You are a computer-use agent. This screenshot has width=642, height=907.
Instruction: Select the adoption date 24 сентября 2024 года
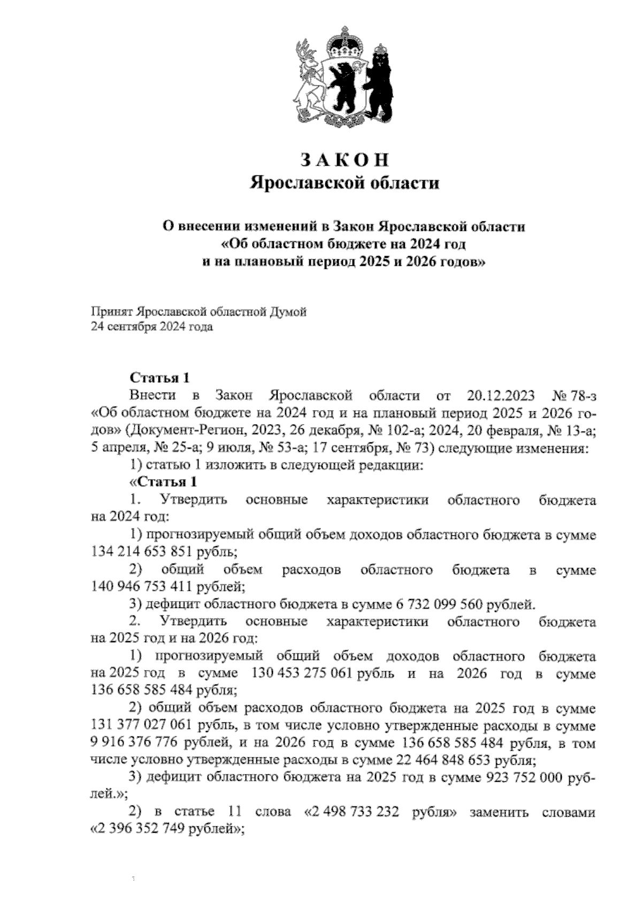[152, 327]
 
